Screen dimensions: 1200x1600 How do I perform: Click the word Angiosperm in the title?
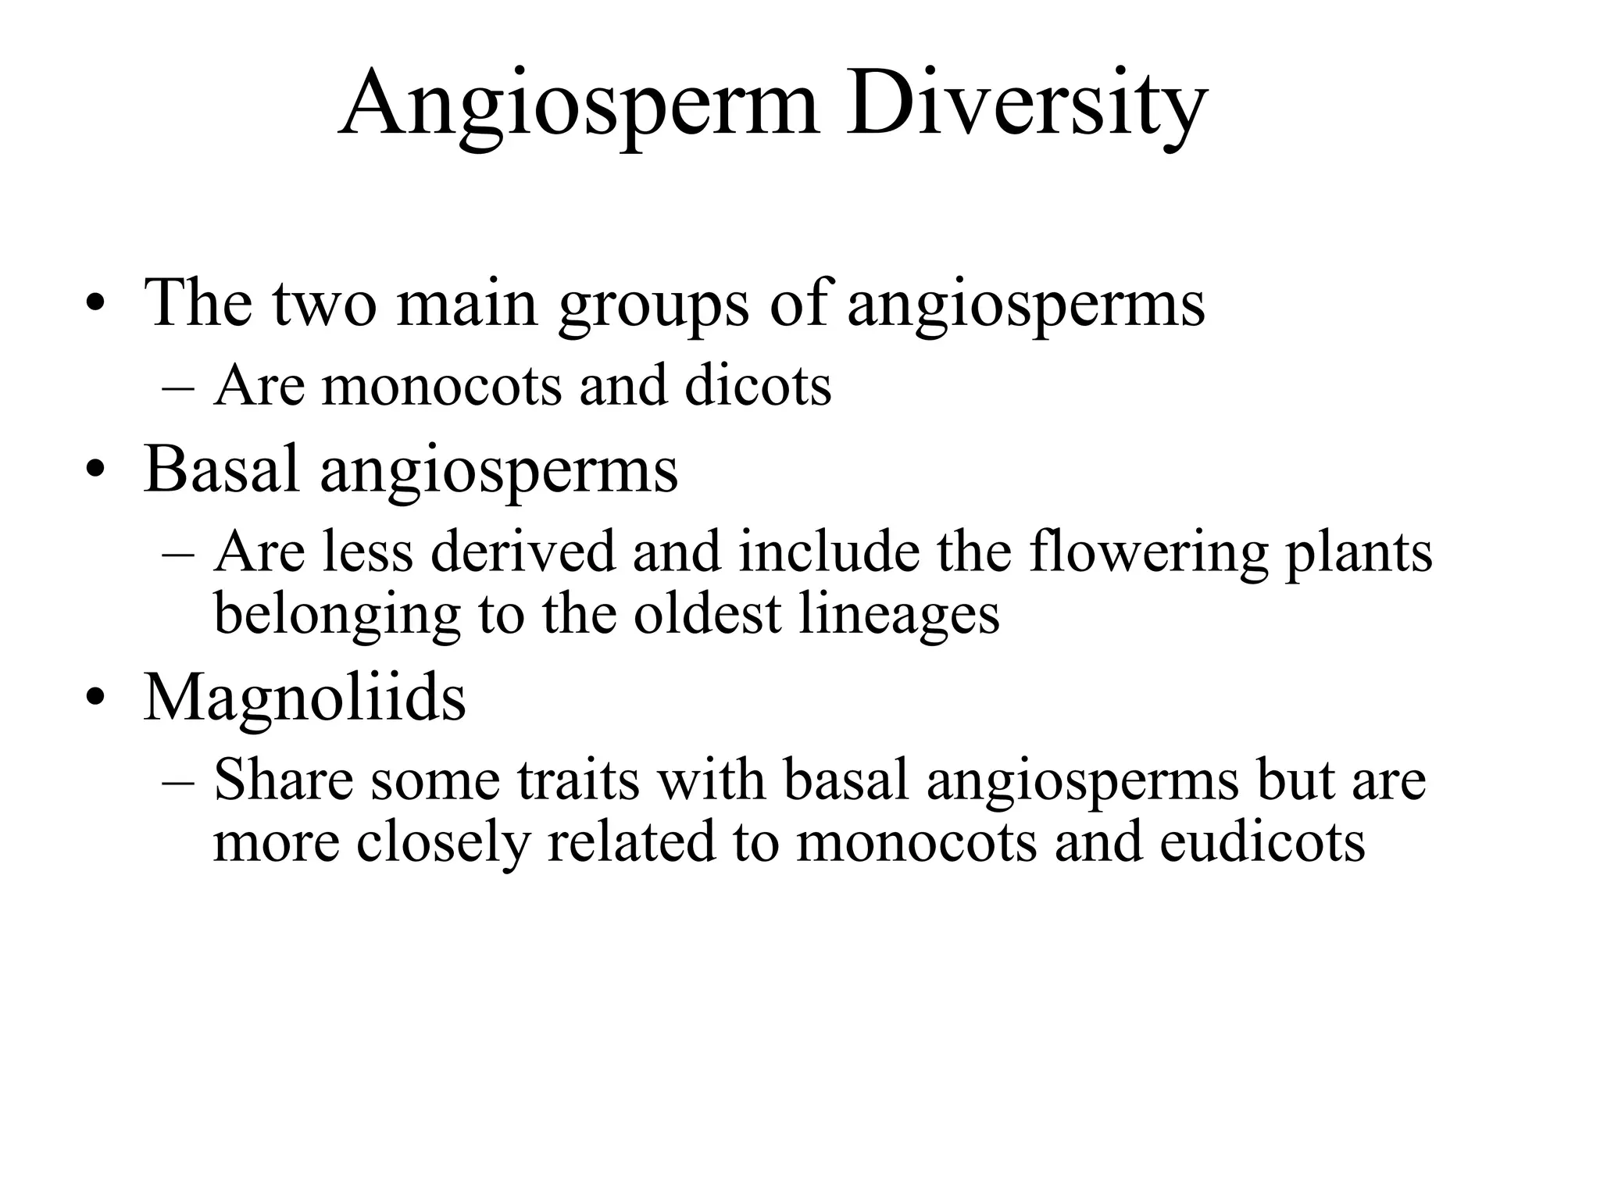(x=578, y=105)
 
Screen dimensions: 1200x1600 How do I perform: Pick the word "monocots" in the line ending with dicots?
(x=441, y=387)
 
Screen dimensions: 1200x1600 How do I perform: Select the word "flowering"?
(x=1148, y=552)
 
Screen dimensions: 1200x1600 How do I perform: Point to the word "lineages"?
(x=899, y=616)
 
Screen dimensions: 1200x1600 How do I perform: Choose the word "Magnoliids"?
(x=305, y=697)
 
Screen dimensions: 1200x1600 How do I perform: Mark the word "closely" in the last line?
(x=442, y=844)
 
